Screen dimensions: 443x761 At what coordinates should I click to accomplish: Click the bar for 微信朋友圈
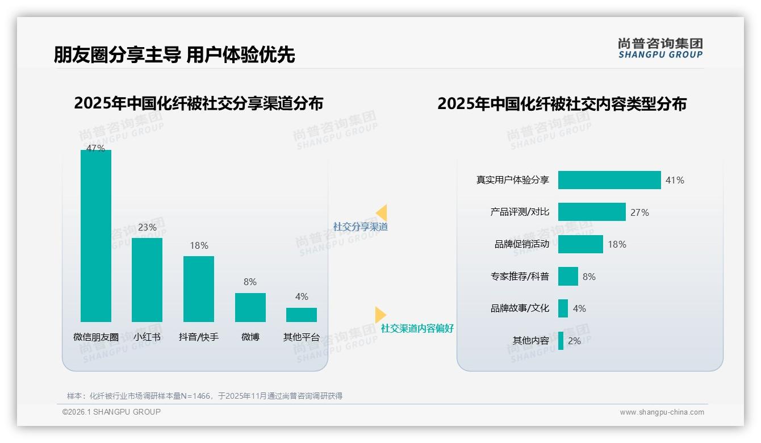pos(96,236)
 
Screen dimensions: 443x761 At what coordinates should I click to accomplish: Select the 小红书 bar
pos(147,279)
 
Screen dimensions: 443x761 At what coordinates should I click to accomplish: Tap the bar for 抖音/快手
pos(199,289)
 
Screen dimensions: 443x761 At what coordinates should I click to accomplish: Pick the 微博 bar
pos(250,307)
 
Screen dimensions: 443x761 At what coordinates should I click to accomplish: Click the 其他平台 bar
pos(302,315)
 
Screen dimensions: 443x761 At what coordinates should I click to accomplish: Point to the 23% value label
pos(147,228)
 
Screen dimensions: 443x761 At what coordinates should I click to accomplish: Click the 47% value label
pos(95,148)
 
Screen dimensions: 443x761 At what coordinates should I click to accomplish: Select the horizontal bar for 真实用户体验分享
pos(609,180)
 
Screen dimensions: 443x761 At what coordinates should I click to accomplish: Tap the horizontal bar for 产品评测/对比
pos(592,212)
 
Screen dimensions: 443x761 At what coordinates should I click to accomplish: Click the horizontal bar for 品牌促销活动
pos(580,244)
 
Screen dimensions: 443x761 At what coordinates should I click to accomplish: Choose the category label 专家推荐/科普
pos(520,277)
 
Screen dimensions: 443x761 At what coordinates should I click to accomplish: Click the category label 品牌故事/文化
pos(520,308)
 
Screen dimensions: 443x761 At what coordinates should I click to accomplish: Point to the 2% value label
pos(574,341)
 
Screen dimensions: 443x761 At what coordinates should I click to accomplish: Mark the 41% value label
pos(675,180)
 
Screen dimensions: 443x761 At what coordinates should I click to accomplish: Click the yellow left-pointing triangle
pos(382,213)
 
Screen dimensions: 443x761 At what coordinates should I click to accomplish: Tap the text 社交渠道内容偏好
pos(417,329)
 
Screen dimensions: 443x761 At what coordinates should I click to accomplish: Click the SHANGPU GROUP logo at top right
pos(660,48)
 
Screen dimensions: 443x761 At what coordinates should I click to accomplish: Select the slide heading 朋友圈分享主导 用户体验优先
pos(174,55)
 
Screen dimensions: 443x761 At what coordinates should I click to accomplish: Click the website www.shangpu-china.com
pos(662,412)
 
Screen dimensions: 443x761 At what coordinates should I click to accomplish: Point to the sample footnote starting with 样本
pos(204,396)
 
